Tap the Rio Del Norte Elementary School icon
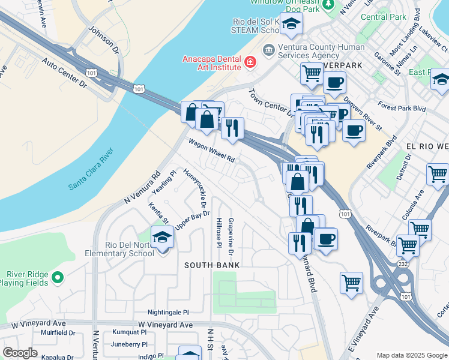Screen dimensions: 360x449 click(162, 238)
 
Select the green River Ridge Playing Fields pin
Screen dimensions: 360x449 click(57, 277)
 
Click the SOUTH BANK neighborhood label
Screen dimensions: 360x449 click(212, 265)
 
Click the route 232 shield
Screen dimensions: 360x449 click(403, 263)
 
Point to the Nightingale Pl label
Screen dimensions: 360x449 click(168, 313)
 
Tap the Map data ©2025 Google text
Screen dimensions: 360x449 click(411, 355)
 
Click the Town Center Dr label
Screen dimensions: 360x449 click(270, 103)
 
